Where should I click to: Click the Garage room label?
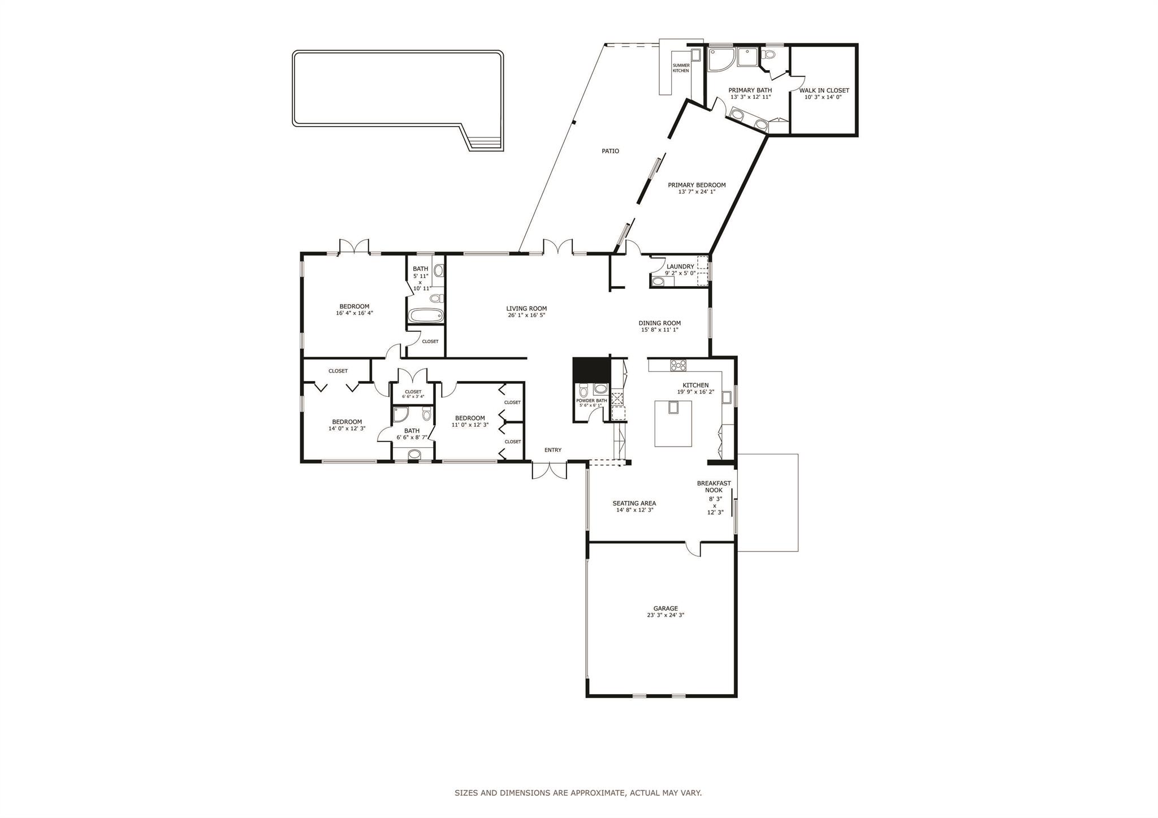[x=665, y=608]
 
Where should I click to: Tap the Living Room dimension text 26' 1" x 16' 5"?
[x=526, y=315]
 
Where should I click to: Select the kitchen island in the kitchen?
[x=673, y=423]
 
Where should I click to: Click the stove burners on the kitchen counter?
[x=678, y=365]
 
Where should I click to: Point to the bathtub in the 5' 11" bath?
[x=426, y=315]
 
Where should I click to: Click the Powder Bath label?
[x=591, y=400]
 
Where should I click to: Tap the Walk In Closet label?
[x=824, y=90]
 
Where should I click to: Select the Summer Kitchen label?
[x=681, y=68]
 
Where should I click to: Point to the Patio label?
[x=610, y=151]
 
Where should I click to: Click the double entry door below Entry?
[x=549, y=470]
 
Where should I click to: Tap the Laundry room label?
[x=680, y=266]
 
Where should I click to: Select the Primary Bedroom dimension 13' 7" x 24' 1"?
[x=697, y=192]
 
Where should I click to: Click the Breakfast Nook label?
[x=714, y=487]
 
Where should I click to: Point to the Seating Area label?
[x=634, y=503]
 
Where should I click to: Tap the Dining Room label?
[x=660, y=323]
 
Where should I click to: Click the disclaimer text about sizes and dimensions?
[x=578, y=793]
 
